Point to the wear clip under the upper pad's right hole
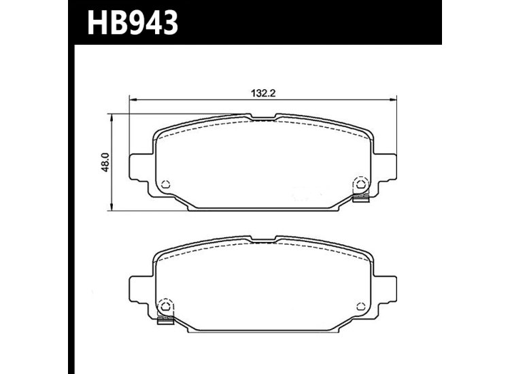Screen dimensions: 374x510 click(x=361, y=198)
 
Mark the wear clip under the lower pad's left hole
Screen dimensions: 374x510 click(x=165, y=319)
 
